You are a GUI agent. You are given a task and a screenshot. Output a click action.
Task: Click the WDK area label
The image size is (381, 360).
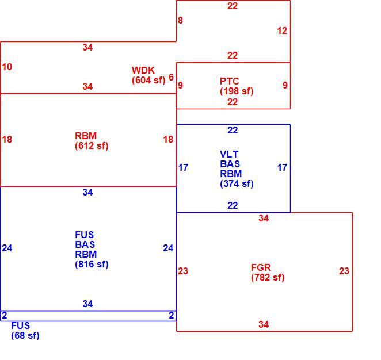143,70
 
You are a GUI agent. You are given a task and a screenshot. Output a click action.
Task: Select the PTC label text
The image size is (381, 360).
230,81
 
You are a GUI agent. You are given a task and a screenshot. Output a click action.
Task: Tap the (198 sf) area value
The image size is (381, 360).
237,91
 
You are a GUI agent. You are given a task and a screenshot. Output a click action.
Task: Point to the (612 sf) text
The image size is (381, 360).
92,146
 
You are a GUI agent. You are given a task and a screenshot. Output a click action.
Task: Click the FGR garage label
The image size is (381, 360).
261,267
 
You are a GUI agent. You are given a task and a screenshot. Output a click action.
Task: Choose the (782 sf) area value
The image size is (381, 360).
268,277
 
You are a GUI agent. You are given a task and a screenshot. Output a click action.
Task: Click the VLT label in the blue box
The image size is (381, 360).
229,154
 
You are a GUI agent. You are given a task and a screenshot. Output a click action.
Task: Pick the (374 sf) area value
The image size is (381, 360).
237,184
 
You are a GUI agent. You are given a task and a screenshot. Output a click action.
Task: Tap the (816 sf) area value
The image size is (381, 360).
92,265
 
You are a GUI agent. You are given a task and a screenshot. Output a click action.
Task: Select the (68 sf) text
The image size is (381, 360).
25,336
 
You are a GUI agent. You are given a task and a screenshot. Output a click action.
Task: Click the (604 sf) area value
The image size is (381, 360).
148,80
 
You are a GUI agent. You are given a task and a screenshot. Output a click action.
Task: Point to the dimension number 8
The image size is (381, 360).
180,20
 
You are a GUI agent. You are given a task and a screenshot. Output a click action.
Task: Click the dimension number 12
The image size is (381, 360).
282,31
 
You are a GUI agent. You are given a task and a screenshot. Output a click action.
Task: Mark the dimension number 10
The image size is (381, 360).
7,67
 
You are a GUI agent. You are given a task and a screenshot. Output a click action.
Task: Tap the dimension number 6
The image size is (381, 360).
171,78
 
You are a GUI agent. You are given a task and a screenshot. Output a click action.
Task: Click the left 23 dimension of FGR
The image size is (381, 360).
183,271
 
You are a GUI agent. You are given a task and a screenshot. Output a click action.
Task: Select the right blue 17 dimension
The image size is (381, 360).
282,167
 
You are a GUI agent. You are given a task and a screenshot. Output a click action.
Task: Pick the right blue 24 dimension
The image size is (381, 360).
168,248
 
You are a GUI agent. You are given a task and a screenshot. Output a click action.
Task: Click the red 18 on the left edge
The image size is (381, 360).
7,139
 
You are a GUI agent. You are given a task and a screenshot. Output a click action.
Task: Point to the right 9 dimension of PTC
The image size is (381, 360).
285,85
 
